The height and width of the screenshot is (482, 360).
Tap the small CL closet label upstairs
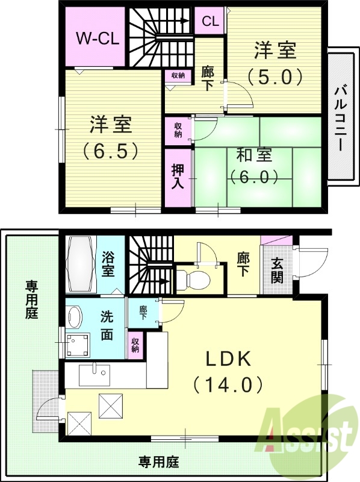click(210, 22)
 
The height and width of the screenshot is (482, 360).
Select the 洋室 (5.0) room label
click(275, 63)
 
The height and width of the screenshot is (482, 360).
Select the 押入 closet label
click(177, 177)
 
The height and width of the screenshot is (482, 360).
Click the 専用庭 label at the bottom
click(159, 463)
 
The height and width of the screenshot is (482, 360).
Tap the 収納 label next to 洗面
click(135, 345)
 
